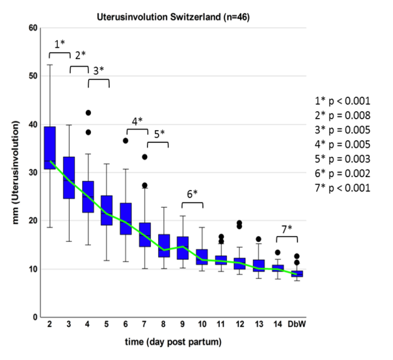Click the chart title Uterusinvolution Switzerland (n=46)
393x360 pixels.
click(173, 17)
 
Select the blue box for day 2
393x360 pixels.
click(50, 148)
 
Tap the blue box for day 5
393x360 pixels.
click(106, 210)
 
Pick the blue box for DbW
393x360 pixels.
click(297, 274)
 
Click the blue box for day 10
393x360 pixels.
click(201, 257)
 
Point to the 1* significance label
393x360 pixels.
click(60, 44)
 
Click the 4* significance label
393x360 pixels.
click(137, 121)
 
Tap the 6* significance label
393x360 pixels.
click(192, 193)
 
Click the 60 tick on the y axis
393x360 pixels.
click(34, 28)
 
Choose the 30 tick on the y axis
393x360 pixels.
click(34, 172)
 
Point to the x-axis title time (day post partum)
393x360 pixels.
click(173, 342)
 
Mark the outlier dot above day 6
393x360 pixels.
click(125, 141)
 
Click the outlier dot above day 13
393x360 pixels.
click(258, 239)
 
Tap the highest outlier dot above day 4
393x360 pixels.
click(88, 113)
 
